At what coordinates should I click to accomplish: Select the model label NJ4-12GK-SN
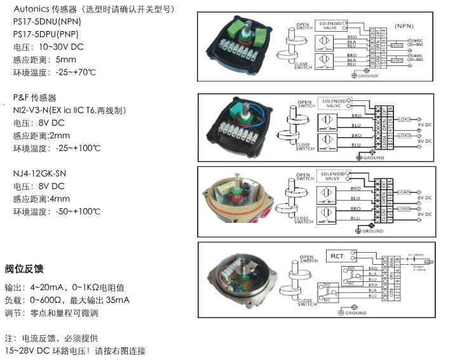[41, 173]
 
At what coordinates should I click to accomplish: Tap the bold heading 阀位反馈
[24, 269]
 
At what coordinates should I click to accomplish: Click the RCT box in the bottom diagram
[337, 256]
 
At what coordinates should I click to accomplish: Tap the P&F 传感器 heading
[35, 98]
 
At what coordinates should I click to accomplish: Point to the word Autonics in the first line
[31, 10]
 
